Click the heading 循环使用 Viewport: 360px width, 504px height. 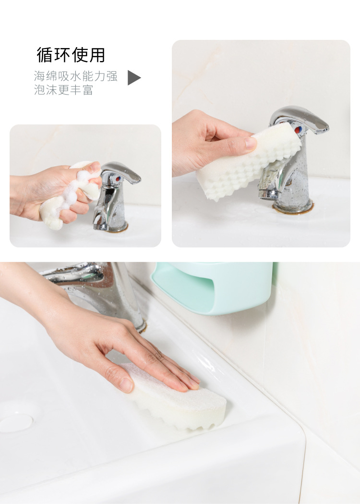point(71,55)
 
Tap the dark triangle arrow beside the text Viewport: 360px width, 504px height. point(133,78)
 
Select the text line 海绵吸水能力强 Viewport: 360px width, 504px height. point(75,76)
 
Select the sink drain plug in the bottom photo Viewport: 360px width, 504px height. point(16,422)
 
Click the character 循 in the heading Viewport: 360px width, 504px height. point(44,55)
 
